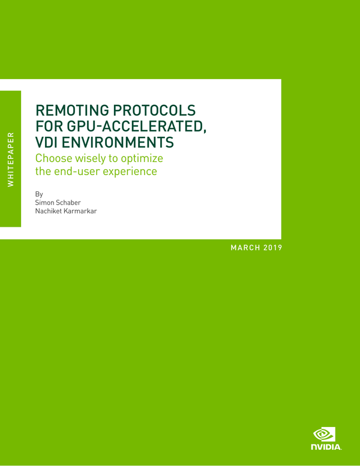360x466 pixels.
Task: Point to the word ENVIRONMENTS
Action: tap(121, 143)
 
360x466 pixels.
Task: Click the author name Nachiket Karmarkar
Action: tap(67, 212)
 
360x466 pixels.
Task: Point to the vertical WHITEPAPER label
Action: tap(10, 159)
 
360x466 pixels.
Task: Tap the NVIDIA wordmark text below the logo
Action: tap(326, 447)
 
